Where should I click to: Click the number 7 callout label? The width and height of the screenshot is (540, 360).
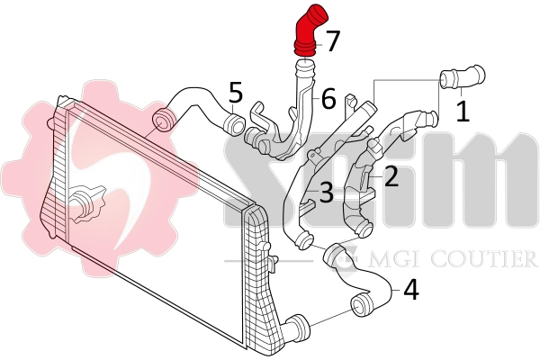(x=332, y=40)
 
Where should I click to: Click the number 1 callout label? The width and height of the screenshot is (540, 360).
(x=463, y=112)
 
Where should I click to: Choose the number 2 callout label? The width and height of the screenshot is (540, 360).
(x=391, y=176)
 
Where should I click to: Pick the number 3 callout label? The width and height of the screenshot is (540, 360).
(x=326, y=192)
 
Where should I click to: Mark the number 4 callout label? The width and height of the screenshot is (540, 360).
(x=410, y=290)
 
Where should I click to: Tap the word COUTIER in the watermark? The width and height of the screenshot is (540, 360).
(x=485, y=260)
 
